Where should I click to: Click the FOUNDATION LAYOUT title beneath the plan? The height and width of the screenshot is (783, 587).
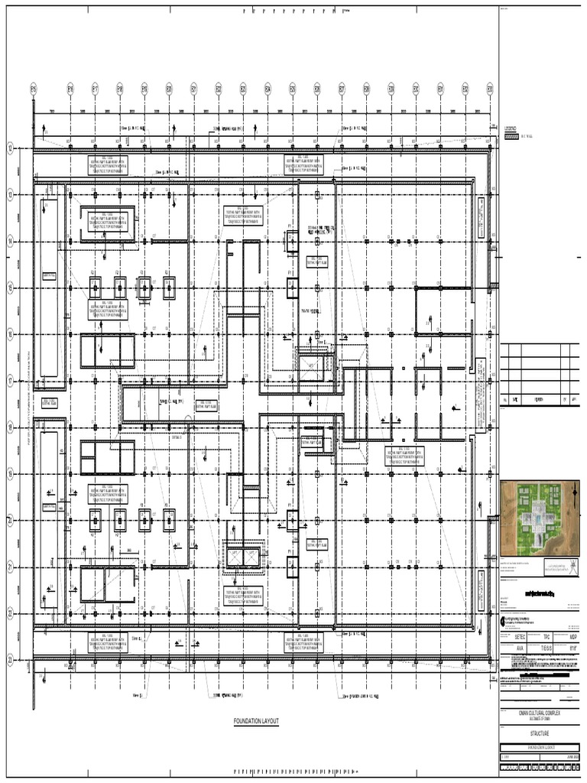pyautogui.click(x=257, y=721)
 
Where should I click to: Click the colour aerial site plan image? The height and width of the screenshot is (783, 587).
pyautogui.click(x=540, y=518)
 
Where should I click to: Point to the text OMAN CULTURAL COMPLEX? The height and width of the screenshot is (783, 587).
pyautogui.click(x=540, y=710)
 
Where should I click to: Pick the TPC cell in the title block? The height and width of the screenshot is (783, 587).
pyautogui.click(x=546, y=635)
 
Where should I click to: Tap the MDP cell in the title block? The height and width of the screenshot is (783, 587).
pyautogui.click(x=572, y=635)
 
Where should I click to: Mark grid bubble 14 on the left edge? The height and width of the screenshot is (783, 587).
pyautogui.click(x=11, y=242)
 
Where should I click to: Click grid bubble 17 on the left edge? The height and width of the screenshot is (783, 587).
pyautogui.click(x=11, y=381)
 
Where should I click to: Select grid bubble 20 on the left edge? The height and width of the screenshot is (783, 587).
pyautogui.click(x=11, y=521)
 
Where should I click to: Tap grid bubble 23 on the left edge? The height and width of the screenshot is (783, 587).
pyautogui.click(x=11, y=660)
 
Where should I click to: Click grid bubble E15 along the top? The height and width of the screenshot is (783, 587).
pyautogui.click(x=34, y=89)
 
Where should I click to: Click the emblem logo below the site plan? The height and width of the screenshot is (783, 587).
pyautogui.click(x=563, y=568)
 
